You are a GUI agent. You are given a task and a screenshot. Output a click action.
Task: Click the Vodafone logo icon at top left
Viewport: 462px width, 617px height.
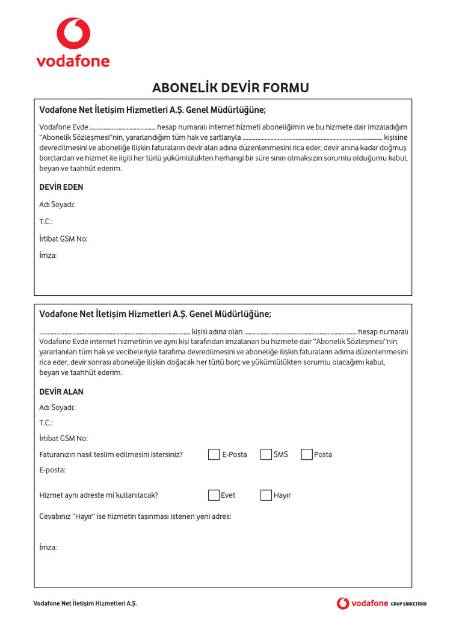73,33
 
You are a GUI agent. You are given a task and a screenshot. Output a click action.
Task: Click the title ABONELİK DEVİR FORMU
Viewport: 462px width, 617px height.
230,88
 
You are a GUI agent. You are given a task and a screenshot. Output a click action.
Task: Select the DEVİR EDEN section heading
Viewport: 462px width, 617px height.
61,187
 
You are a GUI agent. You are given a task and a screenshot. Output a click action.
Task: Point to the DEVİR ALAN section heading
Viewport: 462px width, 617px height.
61,392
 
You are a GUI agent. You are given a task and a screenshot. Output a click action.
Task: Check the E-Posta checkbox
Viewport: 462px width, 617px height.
214,454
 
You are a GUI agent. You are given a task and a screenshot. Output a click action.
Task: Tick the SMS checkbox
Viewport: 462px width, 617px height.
266,454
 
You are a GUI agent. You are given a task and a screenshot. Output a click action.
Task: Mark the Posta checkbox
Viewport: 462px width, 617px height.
307,454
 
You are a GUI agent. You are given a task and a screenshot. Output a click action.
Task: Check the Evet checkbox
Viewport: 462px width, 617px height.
214,495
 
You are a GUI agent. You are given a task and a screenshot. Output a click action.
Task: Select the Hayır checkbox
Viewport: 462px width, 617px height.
266,495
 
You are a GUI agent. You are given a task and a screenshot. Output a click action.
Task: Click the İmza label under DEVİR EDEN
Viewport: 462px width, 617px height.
48,256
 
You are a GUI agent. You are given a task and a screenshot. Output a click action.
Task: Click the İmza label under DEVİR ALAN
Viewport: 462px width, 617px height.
48,547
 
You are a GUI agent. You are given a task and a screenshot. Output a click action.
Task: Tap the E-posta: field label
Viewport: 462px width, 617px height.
52,469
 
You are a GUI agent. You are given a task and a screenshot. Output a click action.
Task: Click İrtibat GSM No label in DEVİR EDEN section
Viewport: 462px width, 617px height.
63,239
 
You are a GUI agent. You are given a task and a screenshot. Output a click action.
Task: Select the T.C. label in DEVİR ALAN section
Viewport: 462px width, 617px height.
46,423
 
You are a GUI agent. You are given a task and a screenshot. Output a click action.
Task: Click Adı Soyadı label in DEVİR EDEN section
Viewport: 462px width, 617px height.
57,205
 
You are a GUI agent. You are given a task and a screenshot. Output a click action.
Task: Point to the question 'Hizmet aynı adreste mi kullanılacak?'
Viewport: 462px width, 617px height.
99,495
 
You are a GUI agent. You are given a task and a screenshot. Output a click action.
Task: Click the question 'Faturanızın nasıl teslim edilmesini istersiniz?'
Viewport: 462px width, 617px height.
111,454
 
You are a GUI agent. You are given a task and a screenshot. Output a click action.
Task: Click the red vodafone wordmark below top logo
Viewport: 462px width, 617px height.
73,61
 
